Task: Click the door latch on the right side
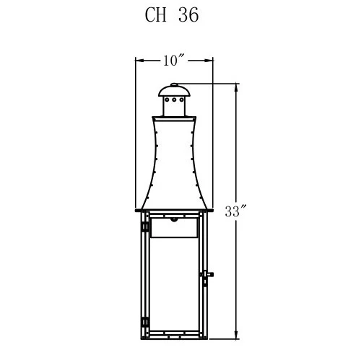coord(206,275)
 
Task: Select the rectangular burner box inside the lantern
coord(173,229)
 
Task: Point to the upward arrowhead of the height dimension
coord(238,87)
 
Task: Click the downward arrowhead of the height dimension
coord(238,335)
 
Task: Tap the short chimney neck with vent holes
coord(173,106)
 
